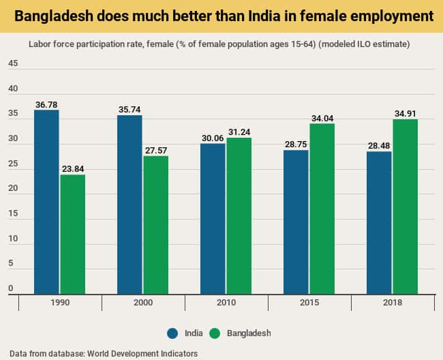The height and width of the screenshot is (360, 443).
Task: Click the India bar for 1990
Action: (46, 202)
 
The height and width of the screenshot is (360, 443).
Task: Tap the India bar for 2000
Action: (129, 205)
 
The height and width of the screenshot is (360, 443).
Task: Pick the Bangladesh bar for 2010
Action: (239, 215)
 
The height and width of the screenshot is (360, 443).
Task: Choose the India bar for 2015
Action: (296, 222)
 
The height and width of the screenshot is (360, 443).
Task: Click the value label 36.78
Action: (46, 104)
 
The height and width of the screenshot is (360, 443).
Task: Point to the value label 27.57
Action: (155, 149)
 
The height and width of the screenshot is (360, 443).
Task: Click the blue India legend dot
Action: (172, 333)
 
